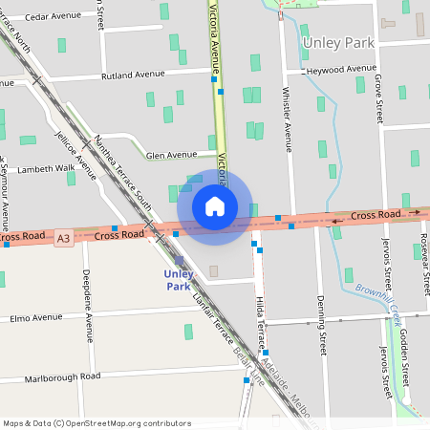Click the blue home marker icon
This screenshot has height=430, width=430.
(215, 206)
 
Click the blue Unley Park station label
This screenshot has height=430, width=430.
(179, 280)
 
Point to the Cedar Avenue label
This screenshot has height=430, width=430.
(54, 16)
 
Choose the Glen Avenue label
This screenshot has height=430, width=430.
(171, 154)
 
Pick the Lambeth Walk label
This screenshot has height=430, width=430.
(39, 168)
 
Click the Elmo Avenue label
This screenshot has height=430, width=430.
(36, 318)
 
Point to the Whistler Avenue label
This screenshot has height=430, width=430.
(288, 118)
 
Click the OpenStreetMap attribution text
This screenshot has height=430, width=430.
(97, 422)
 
